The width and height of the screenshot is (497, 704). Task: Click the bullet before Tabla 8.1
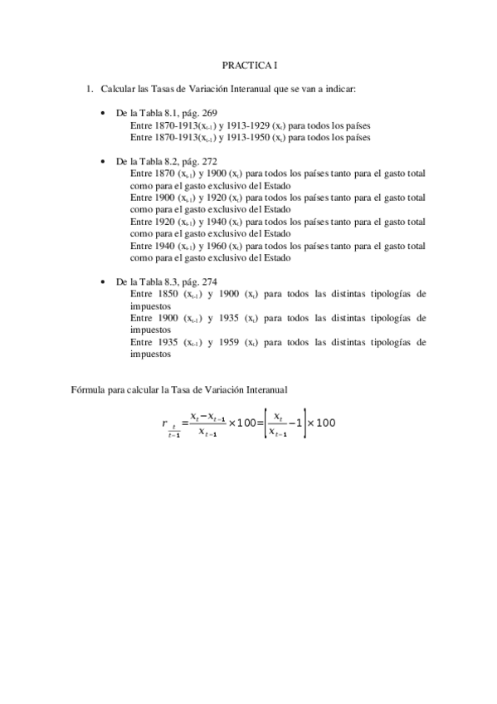click(x=102, y=114)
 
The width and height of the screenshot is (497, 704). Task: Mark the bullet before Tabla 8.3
click(x=102, y=282)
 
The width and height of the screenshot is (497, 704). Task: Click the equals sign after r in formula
click(x=184, y=423)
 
